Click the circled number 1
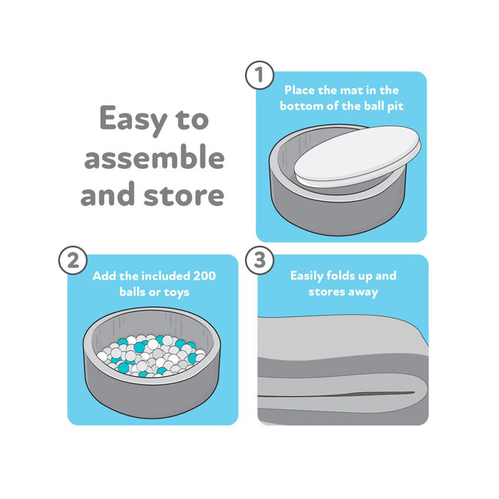click(259, 75)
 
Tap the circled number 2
click(73, 260)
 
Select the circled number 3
click(259, 260)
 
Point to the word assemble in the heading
click(154, 157)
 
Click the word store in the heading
click(184, 194)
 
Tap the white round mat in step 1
click(357, 156)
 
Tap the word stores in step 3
click(326, 292)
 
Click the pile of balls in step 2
click(151, 355)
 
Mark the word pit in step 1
click(395, 106)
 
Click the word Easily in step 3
click(307, 276)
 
